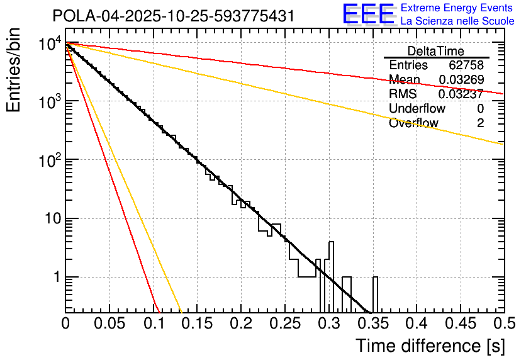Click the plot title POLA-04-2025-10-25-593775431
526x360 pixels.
click(x=174, y=16)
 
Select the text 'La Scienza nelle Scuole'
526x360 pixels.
click(x=457, y=20)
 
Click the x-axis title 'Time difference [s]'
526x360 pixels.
click(x=430, y=346)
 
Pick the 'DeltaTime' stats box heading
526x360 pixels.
click(x=435, y=51)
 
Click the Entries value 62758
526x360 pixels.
click(x=466, y=65)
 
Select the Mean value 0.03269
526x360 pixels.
click(x=463, y=80)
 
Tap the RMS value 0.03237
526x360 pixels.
click(x=463, y=94)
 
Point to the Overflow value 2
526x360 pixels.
click(x=480, y=123)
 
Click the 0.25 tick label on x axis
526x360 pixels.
click(x=284, y=324)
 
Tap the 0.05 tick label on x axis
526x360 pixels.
click(x=109, y=324)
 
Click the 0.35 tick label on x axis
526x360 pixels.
click(x=371, y=324)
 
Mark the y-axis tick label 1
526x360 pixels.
click(x=55, y=278)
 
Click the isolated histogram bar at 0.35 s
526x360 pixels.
click(x=376, y=294)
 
